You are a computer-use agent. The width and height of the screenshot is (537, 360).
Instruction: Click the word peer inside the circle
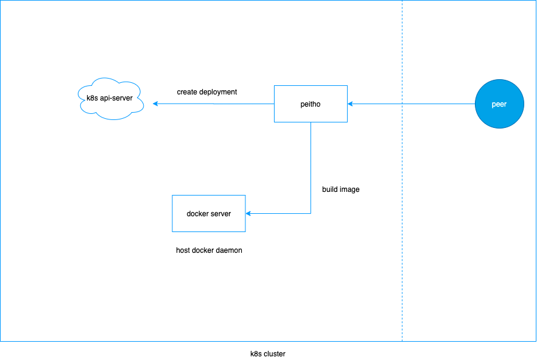tap(499, 104)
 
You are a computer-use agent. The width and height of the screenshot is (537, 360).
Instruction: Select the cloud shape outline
tap(111, 79)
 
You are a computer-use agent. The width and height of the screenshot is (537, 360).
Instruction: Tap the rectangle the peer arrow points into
tap(311, 104)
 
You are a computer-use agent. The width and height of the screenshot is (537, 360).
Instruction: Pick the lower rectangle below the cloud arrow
tap(209, 213)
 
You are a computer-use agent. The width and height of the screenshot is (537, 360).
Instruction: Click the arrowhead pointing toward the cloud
tap(156, 104)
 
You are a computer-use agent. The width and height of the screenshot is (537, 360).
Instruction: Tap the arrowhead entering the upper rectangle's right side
tap(350, 104)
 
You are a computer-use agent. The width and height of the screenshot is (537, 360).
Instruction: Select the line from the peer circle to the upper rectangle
tap(426, 104)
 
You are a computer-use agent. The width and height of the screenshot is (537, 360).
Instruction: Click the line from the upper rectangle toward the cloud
tap(213, 104)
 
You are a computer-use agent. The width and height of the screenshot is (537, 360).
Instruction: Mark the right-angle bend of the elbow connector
tap(311, 214)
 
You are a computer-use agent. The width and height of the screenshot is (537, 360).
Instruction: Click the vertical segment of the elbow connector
tap(311, 168)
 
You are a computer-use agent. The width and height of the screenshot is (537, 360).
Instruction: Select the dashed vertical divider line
tap(402, 244)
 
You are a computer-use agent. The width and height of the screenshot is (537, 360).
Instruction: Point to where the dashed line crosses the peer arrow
tap(402, 104)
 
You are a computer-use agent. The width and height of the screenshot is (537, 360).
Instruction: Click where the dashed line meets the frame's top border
tap(402, 1)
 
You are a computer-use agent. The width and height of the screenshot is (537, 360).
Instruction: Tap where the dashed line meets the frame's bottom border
tap(402, 341)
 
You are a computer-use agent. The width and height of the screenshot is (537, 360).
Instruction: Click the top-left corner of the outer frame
tap(1, 1)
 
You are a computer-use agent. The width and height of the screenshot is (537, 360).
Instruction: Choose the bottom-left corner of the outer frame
tap(1, 341)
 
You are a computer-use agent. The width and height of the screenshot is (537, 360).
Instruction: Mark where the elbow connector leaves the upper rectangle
tap(311, 122)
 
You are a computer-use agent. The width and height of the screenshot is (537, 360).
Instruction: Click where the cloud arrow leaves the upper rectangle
tap(274, 104)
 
